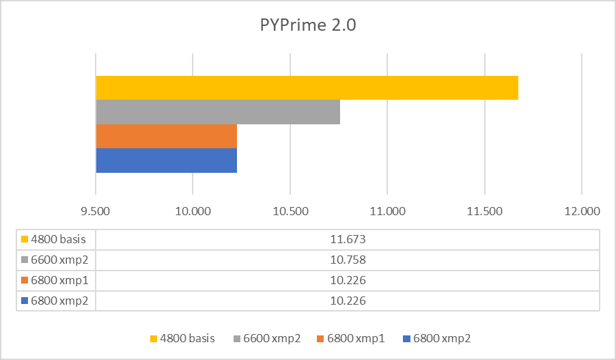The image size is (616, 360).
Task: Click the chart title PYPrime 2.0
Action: pos(308,26)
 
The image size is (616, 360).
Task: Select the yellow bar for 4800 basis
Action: pos(307,87)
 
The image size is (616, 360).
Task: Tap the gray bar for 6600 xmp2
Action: pos(218,112)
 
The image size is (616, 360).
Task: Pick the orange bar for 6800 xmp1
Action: pos(166,136)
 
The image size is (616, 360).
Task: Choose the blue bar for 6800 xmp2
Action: pos(166,161)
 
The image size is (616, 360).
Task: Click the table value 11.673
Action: pos(347,239)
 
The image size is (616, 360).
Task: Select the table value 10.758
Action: pos(347,260)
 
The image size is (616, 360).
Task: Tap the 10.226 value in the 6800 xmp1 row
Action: pos(347,280)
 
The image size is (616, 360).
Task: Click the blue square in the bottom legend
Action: pos(407,338)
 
